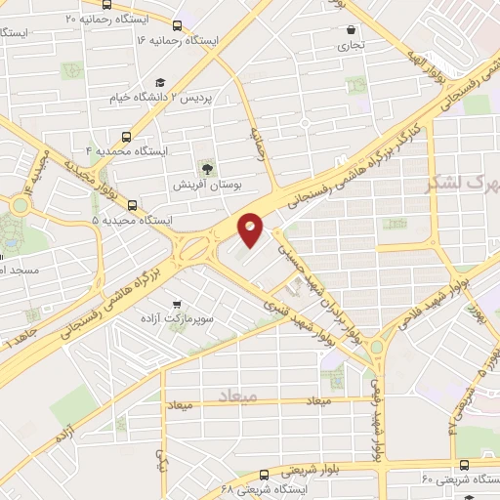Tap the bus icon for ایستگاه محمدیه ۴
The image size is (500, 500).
[x=126, y=137]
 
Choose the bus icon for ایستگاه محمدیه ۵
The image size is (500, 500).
[x=132, y=206]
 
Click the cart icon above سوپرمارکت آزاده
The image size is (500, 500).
[x=177, y=304]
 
